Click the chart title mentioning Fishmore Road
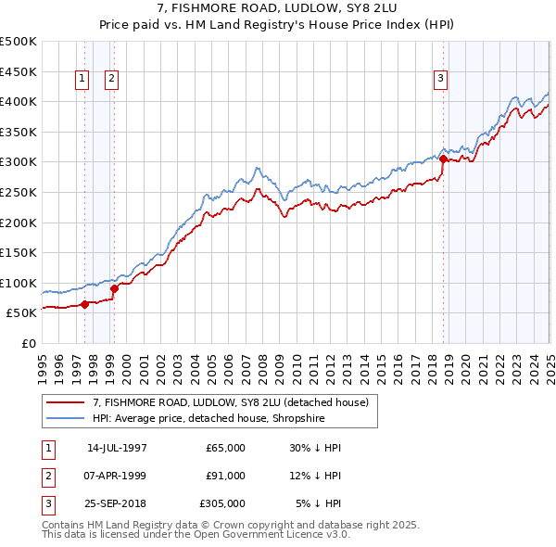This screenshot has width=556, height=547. [x=278, y=8]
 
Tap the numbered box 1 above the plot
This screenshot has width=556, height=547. [x=82, y=80]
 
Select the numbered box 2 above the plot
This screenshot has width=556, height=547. [x=110, y=80]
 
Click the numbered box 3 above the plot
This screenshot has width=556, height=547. [x=441, y=80]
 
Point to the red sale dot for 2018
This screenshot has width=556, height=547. [x=443, y=159]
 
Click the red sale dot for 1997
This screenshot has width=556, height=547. [x=84, y=303]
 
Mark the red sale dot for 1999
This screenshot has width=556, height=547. [x=114, y=288]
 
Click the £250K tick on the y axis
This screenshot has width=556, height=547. [x=19, y=192]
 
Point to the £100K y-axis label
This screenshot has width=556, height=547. [x=19, y=283]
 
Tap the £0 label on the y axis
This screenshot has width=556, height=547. [x=29, y=343]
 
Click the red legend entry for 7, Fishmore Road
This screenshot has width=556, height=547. [x=231, y=402]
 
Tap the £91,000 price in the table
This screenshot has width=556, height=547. [x=226, y=476]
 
